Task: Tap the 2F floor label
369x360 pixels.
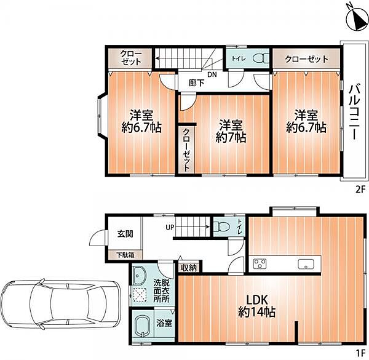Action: pyautogui.click(x=360, y=190)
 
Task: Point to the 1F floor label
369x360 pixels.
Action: pyautogui.click(x=360, y=353)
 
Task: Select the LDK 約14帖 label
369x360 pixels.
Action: pyautogui.click(x=256, y=306)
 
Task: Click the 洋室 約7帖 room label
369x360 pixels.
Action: pyautogui.click(x=231, y=131)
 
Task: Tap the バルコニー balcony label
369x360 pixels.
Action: pyautogui.click(x=355, y=113)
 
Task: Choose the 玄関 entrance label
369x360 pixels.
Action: pyautogui.click(x=125, y=234)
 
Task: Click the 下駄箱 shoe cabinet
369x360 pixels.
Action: pyautogui.click(x=125, y=255)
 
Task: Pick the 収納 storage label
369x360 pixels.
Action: pyautogui.click(x=189, y=268)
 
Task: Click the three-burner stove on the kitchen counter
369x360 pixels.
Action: pyautogui.click(x=260, y=264)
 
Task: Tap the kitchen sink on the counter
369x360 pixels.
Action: pyautogui.click(x=306, y=264)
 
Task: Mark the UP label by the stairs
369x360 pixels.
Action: pyautogui.click(x=170, y=228)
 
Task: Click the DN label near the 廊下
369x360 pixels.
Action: pyautogui.click(x=212, y=74)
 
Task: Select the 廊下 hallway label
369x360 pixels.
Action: pyautogui.click(x=196, y=82)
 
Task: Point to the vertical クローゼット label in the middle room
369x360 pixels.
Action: pyautogui.click(x=186, y=150)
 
